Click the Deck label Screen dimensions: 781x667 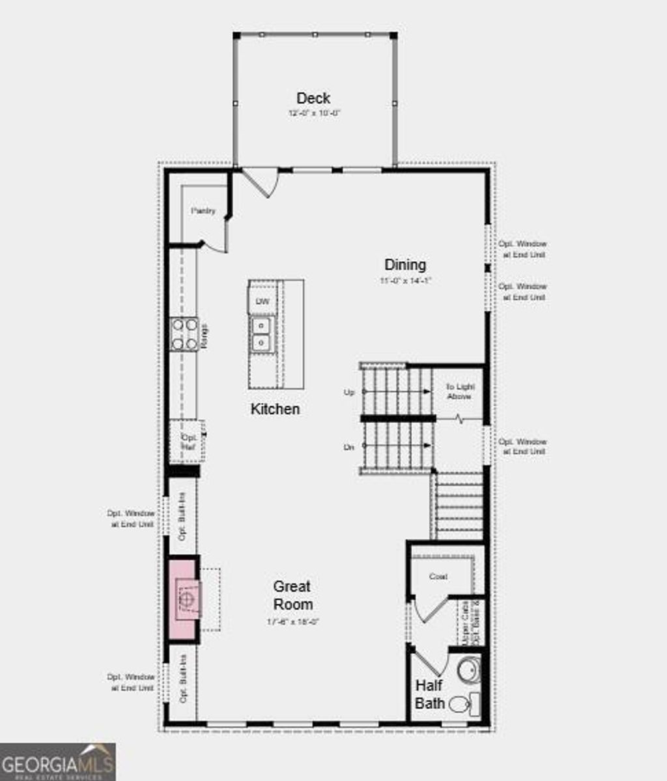313,98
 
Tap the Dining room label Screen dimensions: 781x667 405,264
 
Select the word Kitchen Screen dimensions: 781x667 276,409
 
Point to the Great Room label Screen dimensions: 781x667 292,595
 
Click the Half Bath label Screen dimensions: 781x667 430,694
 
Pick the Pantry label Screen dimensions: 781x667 203,212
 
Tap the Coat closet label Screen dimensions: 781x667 438,576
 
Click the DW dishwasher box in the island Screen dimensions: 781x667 262,302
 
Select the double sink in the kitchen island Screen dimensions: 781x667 262,334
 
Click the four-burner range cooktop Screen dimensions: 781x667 184,334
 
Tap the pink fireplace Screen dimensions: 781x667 183,599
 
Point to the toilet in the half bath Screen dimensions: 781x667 461,704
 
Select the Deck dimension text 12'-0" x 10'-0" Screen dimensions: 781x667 315,113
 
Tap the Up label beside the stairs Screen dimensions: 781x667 349,393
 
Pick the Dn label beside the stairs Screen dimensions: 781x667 349,447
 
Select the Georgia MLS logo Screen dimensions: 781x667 57,761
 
